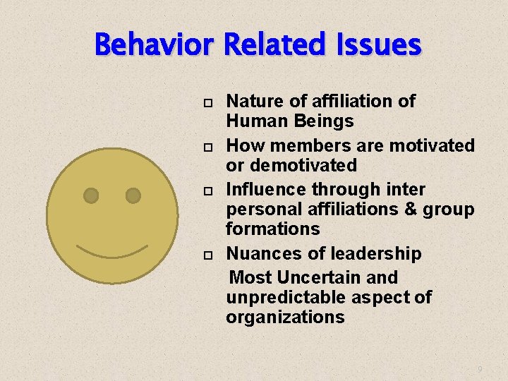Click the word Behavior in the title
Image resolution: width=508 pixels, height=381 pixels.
point(155,46)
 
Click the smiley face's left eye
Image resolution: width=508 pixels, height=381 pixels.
point(91,195)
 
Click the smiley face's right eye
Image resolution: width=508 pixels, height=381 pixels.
point(133,195)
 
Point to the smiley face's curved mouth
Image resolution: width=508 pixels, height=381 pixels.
point(112,252)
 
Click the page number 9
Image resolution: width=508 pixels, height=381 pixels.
point(480,369)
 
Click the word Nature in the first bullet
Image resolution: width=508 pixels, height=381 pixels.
point(251,102)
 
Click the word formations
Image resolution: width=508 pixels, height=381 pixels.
point(272,229)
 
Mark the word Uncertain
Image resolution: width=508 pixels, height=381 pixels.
point(320,277)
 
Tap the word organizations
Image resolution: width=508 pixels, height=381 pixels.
point(285,317)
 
